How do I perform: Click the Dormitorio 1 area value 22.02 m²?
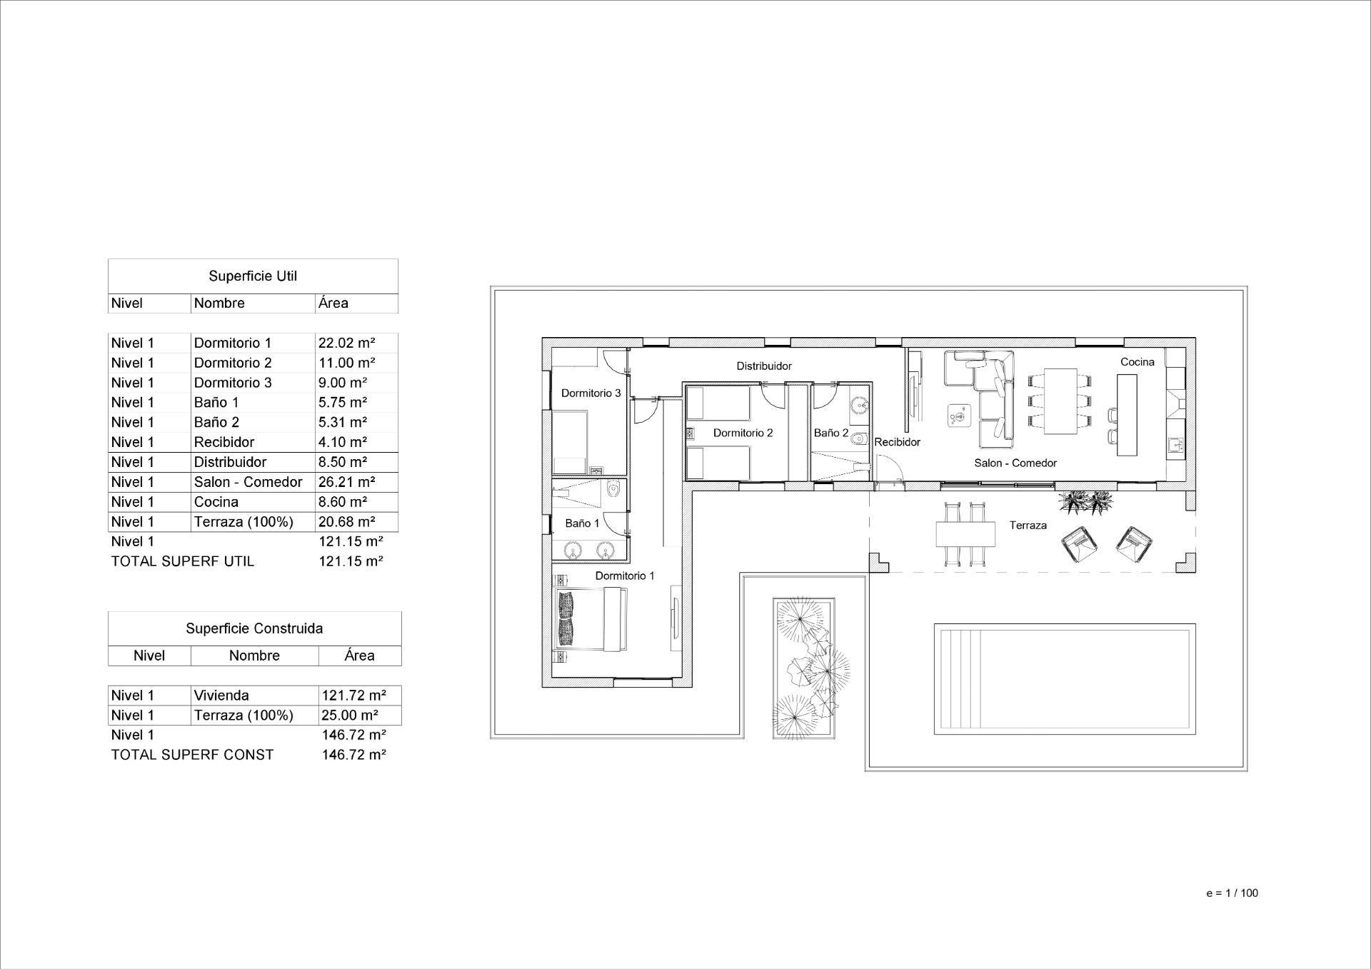pyautogui.click(x=347, y=343)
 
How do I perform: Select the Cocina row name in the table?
pyautogui.click(x=216, y=502)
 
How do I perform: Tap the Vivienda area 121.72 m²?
pyautogui.click(x=354, y=696)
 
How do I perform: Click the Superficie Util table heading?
pyautogui.click(x=253, y=276)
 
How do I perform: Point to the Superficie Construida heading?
pyautogui.click(x=254, y=628)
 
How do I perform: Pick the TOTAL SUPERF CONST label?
pyautogui.click(x=192, y=755)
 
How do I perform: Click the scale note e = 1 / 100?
pyautogui.click(x=1232, y=893)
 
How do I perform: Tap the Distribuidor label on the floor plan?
pyautogui.click(x=764, y=366)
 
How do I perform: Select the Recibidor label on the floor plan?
pyautogui.click(x=898, y=442)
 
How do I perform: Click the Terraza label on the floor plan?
pyautogui.click(x=1028, y=526)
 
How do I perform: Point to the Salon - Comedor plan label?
pyautogui.click(x=1015, y=463)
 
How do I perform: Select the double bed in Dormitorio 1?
pyautogui.click(x=591, y=618)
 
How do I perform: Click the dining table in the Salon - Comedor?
pyautogui.click(x=1060, y=401)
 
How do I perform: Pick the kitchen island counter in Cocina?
pyautogui.click(x=1127, y=415)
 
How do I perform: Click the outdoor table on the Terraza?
pyautogui.click(x=965, y=533)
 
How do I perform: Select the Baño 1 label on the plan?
pyautogui.click(x=583, y=523)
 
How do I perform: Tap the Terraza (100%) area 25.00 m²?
pyautogui.click(x=350, y=716)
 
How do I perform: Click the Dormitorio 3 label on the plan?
pyautogui.click(x=591, y=393)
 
